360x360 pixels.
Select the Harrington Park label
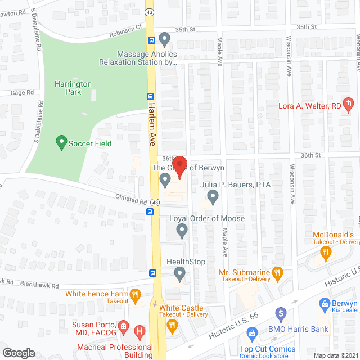73,88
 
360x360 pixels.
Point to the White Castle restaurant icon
174,324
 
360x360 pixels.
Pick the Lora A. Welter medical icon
348,104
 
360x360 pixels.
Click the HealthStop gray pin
179,274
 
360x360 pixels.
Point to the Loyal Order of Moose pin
182,229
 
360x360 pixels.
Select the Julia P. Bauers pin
213,196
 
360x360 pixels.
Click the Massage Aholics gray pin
164,39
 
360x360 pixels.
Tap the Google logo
19,353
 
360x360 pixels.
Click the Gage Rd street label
22,92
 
